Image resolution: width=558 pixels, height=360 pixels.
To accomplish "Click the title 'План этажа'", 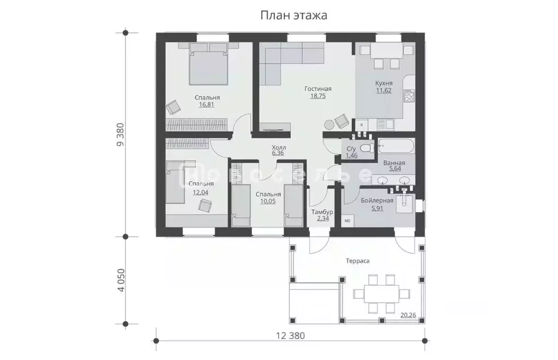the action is tap(293, 16).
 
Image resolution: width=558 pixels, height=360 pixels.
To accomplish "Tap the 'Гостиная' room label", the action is tap(318, 88).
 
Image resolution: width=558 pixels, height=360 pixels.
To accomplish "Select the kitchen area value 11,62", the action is tap(383, 91).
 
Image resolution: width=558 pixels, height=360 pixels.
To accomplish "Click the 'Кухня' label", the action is tap(383, 83).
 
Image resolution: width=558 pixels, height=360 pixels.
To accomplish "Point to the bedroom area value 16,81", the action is tap(206, 105).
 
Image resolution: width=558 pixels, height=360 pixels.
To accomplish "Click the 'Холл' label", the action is tap(279, 147).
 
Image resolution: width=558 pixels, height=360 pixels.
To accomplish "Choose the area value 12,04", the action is tap(200, 193).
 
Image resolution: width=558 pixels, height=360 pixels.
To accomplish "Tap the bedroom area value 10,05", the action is tap(268, 201).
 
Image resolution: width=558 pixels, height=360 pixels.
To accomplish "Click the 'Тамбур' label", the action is tap(322, 212).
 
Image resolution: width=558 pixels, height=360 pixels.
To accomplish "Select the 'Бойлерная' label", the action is tap(377, 201).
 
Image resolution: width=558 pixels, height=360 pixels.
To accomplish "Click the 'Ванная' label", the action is tap(394, 163).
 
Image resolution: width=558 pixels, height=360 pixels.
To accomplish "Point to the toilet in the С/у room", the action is tap(367, 148).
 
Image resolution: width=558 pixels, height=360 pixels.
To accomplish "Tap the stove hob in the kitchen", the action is tap(409, 95).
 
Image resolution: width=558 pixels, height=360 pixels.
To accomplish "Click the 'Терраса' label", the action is tap(358, 261).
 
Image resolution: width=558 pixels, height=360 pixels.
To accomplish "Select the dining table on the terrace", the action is tap(381, 293).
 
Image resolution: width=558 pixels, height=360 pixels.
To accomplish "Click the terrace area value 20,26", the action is tap(408, 315).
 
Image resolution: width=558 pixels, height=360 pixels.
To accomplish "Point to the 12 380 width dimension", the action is tap(290, 335).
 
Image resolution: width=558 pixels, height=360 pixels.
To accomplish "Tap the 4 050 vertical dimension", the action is tap(121, 280).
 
